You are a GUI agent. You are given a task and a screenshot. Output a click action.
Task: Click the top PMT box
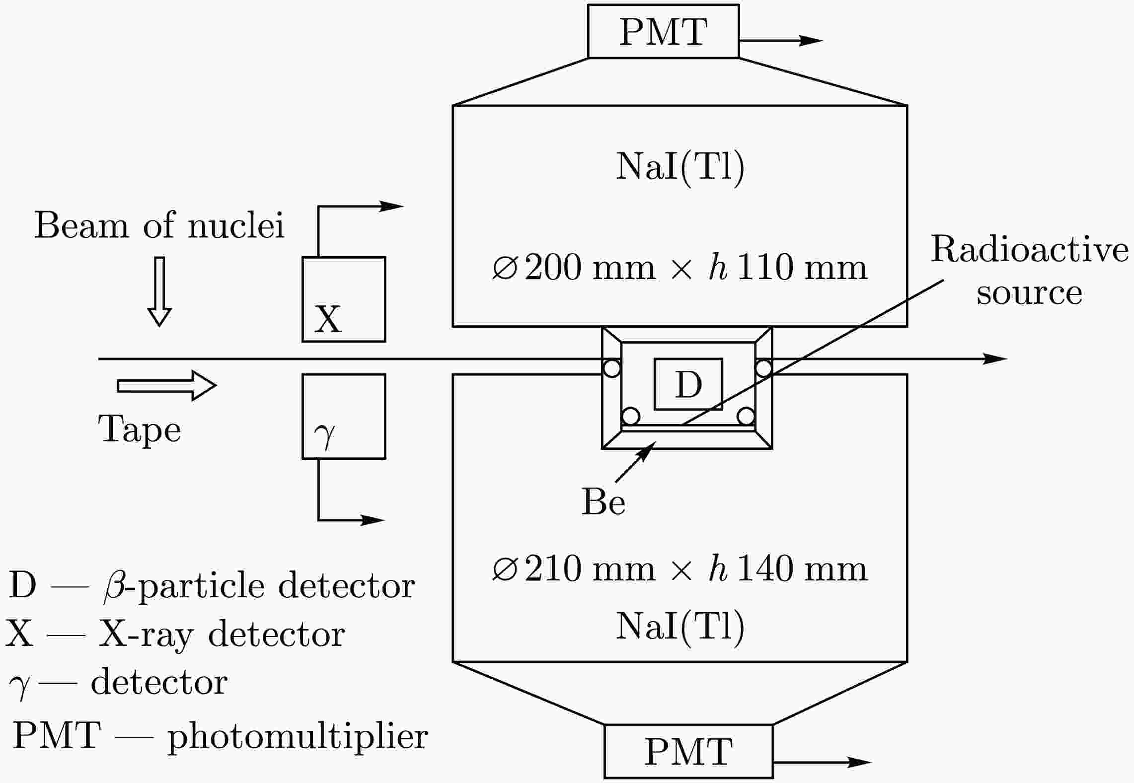pyautogui.click(x=663, y=32)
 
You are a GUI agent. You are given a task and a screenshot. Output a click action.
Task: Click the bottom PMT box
pyautogui.click(x=688, y=752)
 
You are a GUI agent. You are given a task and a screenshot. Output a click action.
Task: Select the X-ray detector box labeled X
pyautogui.click(x=344, y=299)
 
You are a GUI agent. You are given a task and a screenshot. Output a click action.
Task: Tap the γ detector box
pyautogui.click(x=344, y=416)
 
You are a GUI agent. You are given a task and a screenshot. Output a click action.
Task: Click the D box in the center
pyautogui.click(x=688, y=384)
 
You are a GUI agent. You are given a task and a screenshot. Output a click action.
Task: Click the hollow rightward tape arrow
pyautogui.click(x=167, y=385)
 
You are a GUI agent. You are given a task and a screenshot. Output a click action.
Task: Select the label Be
pyautogui.click(x=603, y=502)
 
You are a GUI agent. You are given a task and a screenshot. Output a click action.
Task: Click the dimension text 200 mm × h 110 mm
pyautogui.click(x=680, y=268)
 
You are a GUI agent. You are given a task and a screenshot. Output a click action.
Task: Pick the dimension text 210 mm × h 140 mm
pyautogui.click(x=680, y=569)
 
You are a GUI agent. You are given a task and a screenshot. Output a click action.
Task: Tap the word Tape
pyautogui.click(x=139, y=429)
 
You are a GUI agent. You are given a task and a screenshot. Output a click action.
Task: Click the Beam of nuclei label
pyautogui.click(x=159, y=226)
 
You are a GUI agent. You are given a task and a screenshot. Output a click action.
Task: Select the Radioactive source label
pyautogui.click(x=1029, y=271)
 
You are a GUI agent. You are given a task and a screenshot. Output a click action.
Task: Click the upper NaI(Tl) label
pyautogui.click(x=680, y=167)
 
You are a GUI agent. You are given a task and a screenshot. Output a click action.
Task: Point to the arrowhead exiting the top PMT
pyautogui.click(x=811, y=41)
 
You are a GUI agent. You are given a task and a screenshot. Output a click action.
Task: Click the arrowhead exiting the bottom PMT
pyautogui.click(x=859, y=762)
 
